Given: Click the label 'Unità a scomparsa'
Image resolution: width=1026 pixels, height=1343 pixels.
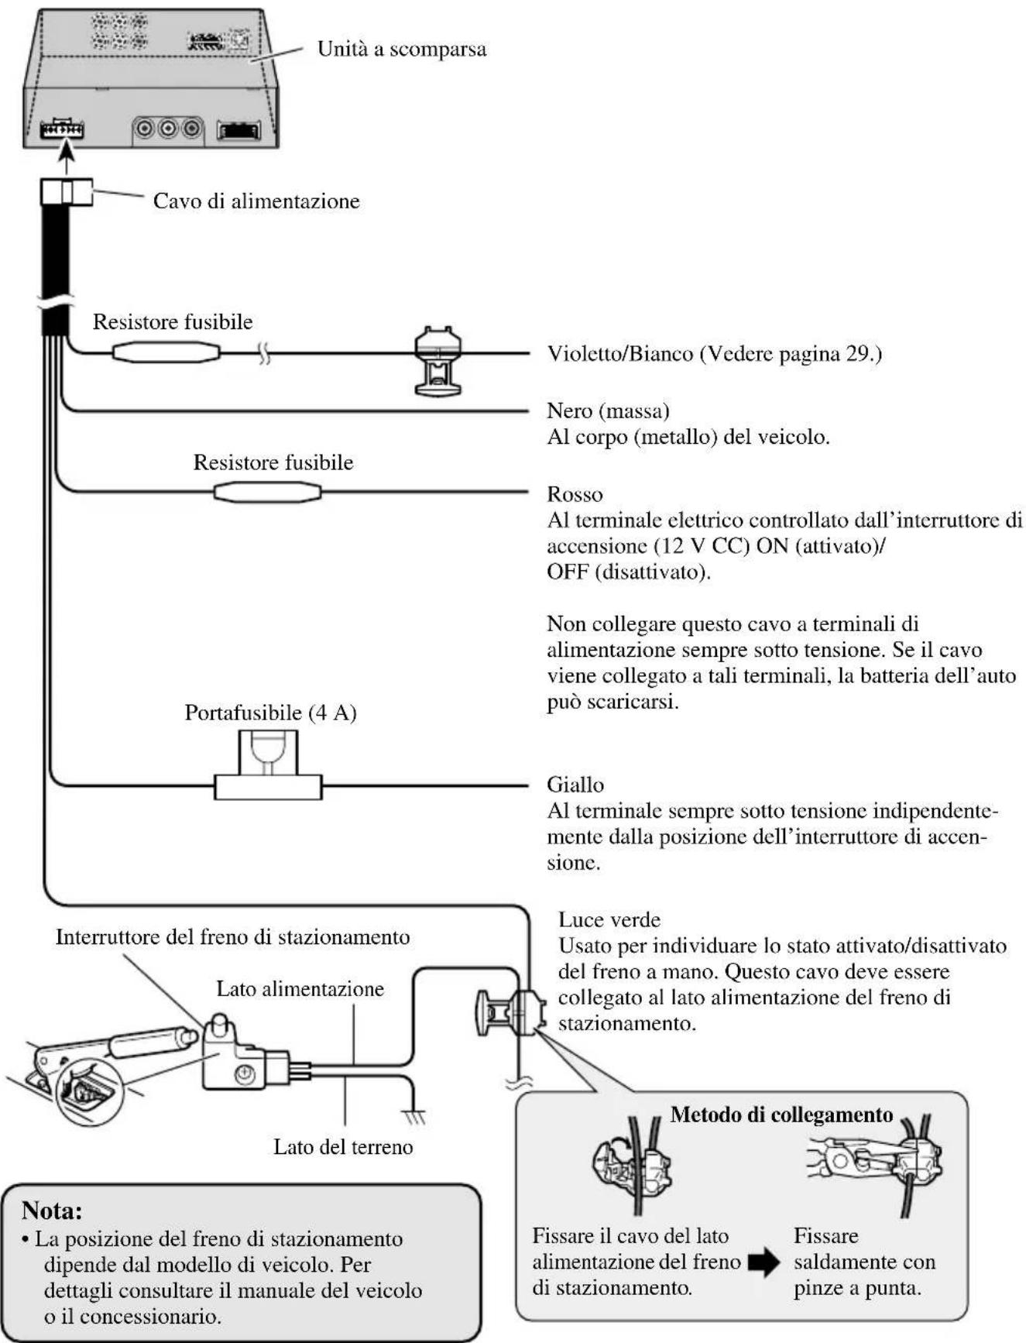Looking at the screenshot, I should coord(402,50).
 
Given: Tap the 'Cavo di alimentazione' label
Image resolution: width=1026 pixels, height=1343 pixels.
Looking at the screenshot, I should coord(256,201).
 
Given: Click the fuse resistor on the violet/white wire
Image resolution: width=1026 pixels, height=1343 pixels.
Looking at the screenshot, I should coord(166,353).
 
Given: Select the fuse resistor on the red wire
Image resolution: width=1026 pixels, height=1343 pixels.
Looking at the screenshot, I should coord(267,492).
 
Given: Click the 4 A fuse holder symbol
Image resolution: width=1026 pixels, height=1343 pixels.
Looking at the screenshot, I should coord(268,767).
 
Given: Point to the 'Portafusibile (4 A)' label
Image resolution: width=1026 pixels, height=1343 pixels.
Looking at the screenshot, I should coord(270,713).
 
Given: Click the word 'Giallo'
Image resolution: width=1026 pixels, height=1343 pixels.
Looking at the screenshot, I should coord(575,785).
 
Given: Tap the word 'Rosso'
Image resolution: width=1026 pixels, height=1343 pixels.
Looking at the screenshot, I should coord(575,494).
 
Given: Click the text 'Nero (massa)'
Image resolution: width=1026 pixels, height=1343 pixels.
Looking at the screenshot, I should coord(608,410).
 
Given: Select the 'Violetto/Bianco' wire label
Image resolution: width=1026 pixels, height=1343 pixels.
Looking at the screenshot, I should coord(620,354).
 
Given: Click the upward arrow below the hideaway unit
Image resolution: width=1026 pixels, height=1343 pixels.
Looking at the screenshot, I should coord(67,161).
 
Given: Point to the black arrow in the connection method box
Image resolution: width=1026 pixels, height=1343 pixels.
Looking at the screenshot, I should coord(764,1263).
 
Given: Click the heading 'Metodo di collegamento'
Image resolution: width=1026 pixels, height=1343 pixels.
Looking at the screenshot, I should coord(781,1115).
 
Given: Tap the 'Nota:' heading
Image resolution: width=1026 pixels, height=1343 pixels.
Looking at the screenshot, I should coord(52,1210).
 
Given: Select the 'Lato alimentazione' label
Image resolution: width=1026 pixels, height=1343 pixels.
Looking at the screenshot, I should coord(300,989).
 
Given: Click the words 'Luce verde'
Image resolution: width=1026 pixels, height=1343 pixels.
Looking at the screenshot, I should coord(609,920).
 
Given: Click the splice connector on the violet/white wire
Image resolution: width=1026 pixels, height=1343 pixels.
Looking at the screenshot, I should coord(438,361).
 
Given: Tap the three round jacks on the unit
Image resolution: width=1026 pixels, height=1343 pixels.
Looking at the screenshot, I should coord(168,129).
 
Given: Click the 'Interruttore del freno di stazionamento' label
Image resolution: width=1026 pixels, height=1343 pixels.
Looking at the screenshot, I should coord(232,937).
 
